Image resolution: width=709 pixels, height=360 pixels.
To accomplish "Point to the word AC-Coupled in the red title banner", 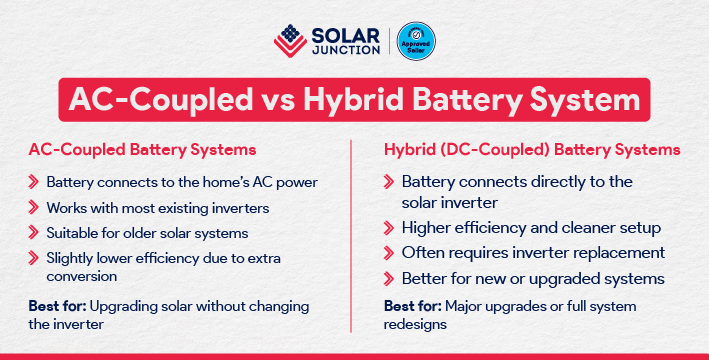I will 146,102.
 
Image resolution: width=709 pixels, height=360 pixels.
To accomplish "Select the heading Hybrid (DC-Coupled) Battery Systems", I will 533,150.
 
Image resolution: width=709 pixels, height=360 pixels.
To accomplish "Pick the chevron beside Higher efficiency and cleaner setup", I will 389,227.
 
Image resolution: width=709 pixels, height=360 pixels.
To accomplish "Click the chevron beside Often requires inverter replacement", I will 389,252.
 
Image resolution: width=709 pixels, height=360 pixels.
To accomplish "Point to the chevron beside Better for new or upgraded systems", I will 389,277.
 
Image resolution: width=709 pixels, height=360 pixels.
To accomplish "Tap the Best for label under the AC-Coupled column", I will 55,303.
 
